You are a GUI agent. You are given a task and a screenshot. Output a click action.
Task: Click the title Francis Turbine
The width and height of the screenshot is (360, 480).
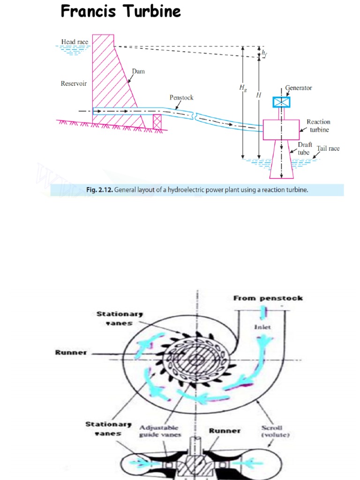[120, 11]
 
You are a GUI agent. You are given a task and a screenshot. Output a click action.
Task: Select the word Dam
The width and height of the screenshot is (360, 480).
[138, 71]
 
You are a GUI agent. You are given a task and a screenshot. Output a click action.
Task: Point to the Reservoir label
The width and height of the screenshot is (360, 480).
[74, 84]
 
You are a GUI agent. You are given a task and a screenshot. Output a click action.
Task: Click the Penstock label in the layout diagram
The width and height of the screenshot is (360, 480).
[181, 97]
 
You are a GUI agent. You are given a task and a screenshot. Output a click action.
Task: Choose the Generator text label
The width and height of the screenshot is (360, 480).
[299, 88]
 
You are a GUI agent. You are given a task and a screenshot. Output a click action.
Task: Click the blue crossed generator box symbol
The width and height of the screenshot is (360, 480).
[281, 102]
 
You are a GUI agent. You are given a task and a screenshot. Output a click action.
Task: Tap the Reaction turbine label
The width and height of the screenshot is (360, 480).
[318, 125]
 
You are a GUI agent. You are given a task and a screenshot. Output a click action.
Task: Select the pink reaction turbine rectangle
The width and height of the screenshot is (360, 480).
[281, 129]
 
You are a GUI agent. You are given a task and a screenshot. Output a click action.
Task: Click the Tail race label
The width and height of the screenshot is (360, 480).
[328, 149]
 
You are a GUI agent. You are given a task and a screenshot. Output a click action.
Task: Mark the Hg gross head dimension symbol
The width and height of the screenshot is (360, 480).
[242, 87]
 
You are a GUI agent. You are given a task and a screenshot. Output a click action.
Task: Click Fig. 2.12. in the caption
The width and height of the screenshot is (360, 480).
[99, 190]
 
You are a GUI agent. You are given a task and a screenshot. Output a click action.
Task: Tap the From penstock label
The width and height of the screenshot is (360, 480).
[268, 298]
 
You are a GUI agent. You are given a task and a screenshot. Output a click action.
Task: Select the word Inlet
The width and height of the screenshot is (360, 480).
[262, 327]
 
